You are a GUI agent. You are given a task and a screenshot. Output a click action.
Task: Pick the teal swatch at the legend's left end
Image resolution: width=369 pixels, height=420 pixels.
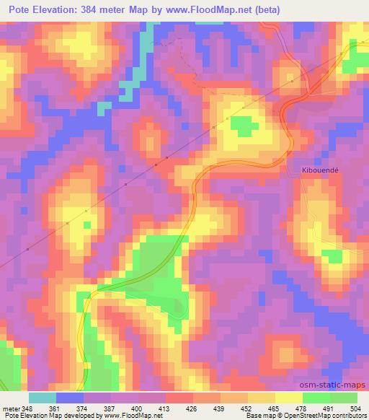[43, 398]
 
